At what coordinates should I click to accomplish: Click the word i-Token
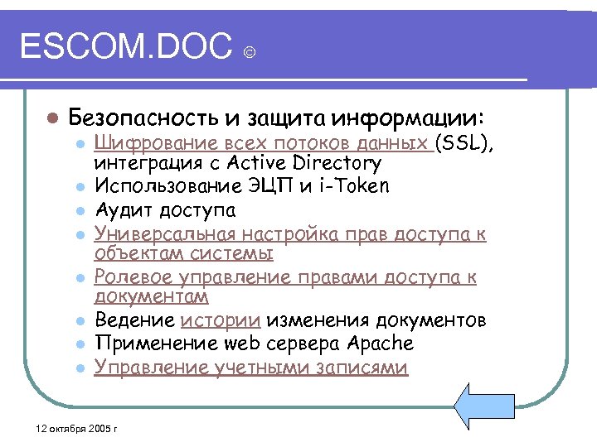coord(358,185)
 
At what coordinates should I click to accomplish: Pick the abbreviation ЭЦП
coord(277,185)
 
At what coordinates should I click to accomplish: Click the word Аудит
coord(121,210)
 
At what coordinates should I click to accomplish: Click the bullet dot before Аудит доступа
coord(79,211)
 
